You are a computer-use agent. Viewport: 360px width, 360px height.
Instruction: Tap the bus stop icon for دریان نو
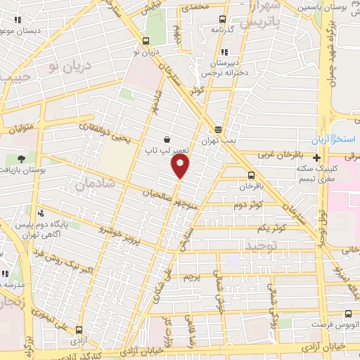point(146,41)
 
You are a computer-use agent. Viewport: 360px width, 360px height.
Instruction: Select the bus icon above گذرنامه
point(222,20)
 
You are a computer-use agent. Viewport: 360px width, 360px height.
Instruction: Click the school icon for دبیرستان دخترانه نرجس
point(224,52)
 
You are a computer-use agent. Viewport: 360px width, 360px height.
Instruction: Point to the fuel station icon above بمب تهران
point(219,129)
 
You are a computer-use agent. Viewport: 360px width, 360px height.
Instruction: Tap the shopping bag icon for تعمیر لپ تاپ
point(166,139)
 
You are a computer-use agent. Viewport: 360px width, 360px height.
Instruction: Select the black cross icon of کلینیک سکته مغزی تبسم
point(317,157)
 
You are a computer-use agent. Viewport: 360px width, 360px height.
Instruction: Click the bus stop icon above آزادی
point(78,329)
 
